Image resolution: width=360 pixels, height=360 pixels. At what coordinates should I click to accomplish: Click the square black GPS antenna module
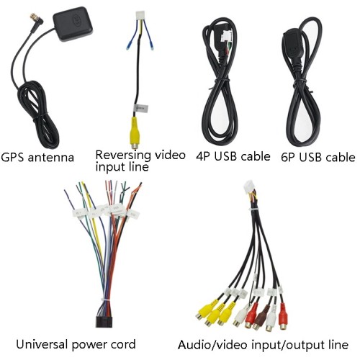pos(73,24)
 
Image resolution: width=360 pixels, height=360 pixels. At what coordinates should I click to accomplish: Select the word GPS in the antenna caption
pos(13,158)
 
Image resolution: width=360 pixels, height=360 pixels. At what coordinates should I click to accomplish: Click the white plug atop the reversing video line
pos(140,16)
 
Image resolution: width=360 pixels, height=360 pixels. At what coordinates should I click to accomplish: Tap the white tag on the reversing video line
pos(142,109)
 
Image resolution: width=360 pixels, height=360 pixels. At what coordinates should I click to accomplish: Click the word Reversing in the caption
pos(123,156)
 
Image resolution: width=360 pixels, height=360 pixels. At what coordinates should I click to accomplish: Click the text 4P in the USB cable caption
pos(203,156)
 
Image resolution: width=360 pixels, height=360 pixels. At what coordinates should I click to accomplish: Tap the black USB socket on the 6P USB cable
pos(292,44)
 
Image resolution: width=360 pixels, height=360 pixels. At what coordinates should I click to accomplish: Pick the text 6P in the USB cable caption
pos(288,158)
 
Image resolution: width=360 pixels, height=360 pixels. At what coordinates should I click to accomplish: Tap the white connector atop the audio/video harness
pos(249,186)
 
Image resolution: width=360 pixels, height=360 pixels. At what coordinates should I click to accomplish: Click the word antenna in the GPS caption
pos(51,158)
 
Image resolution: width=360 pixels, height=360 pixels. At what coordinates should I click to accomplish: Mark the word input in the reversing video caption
pos(109,167)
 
